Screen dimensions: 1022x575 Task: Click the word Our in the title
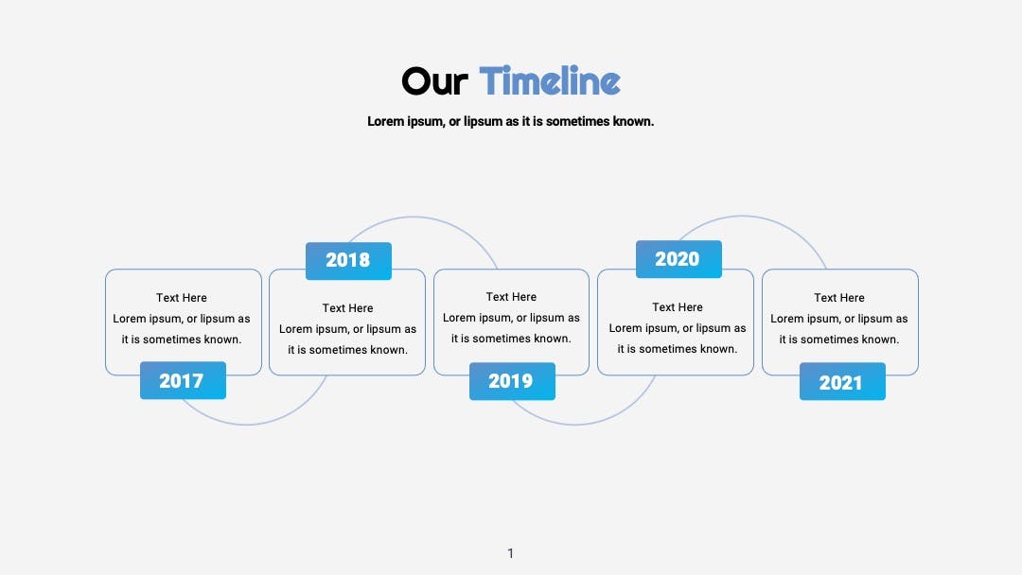pos(434,81)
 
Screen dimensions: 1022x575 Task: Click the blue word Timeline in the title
pos(550,80)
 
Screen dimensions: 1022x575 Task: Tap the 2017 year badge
pos(184,380)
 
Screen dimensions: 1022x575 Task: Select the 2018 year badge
pos(348,260)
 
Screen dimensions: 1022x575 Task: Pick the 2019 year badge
pos(512,381)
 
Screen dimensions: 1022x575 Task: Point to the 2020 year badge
pos(678,259)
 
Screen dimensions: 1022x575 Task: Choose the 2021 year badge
pos(842,381)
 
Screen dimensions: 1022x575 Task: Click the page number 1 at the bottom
pos(510,553)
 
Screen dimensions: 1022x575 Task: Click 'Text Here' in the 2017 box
pos(181,298)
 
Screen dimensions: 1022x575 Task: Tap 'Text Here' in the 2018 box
pos(347,308)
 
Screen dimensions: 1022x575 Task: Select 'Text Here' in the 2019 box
pos(511,297)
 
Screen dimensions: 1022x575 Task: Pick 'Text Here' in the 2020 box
pos(678,307)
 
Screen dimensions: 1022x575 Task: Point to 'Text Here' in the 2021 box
pos(838,298)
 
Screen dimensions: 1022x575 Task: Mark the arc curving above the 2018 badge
pos(414,217)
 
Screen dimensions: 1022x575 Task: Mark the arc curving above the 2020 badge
pos(742,217)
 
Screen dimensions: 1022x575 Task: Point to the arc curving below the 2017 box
pos(246,425)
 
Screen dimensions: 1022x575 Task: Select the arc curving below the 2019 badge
pos(575,425)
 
